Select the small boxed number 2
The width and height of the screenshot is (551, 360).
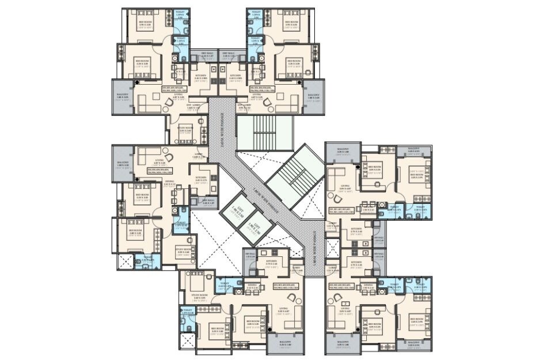344,302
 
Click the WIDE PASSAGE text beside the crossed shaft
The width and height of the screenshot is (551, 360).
315,248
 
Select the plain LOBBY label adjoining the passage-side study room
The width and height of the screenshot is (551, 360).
196,154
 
